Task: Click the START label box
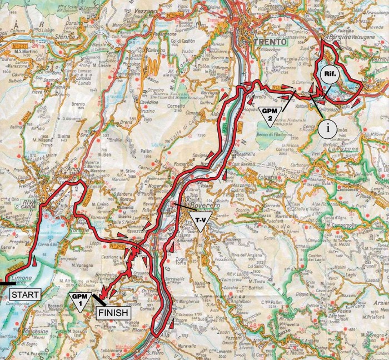25,294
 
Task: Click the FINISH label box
114,312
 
